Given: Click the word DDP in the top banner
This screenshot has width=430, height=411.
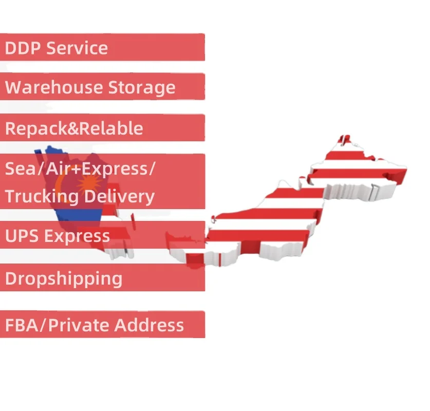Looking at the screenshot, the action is [23, 48].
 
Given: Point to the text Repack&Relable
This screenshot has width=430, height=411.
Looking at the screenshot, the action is [74, 128].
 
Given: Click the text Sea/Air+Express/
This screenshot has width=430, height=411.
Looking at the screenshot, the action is [80, 169].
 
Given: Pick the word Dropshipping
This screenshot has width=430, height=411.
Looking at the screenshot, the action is [64, 279].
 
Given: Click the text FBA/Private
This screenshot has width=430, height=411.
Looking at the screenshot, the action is [57, 325].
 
